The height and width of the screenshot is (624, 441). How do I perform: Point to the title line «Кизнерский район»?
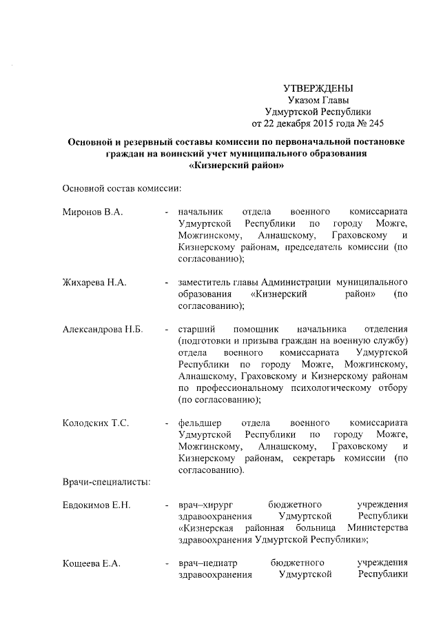pos(236,166)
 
